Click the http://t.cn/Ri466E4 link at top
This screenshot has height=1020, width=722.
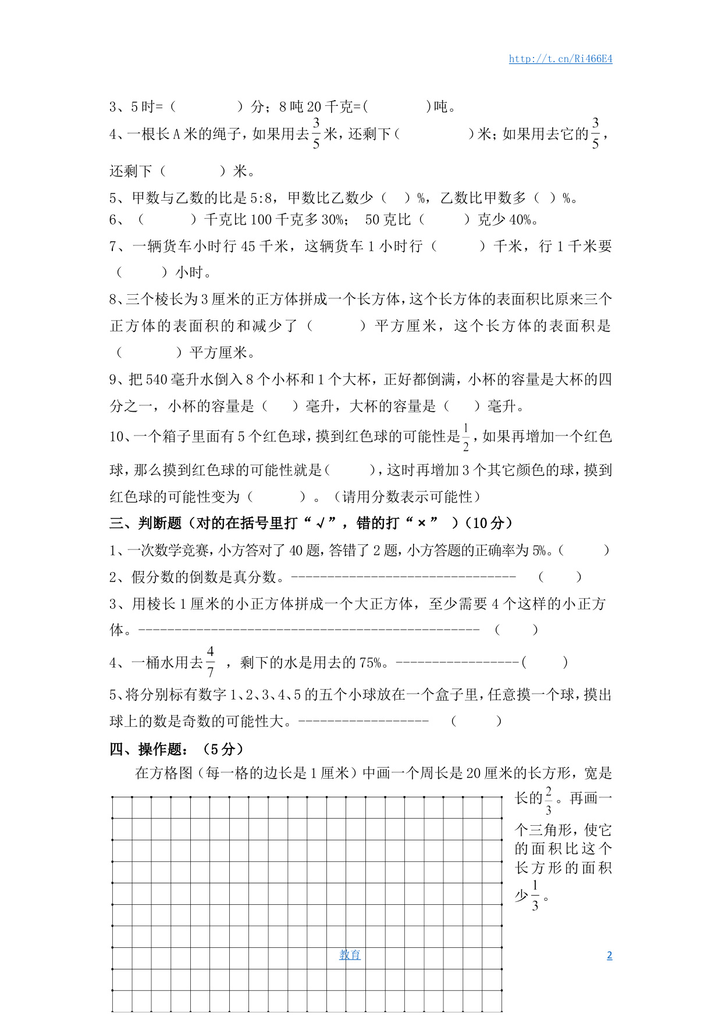tap(560, 59)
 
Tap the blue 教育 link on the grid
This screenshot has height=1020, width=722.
tap(350, 955)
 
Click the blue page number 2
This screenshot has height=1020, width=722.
tap(609, 955)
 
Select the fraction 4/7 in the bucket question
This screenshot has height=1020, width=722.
tap(210, 662)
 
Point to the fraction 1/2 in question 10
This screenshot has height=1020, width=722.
tap(465, 437)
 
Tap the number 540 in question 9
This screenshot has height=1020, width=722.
tap(157, 380)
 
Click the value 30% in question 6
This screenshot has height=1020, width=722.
tap(332, 220)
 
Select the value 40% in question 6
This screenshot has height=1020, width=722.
tap(520, 220)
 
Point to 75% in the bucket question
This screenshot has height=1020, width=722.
tap(370, 662)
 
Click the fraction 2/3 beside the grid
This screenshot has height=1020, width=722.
tap(548, 800)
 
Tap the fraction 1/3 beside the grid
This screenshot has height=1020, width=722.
tap(535, 896)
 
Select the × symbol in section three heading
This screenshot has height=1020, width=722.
tap(422, 523)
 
